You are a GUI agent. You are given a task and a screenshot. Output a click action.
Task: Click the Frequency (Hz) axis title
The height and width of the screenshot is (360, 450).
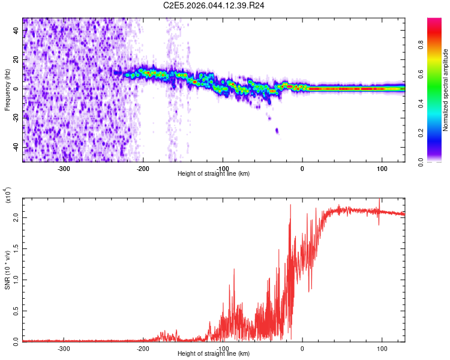click(7, 90)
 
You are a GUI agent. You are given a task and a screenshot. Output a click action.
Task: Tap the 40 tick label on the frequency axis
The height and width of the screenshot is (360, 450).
click(17, 31)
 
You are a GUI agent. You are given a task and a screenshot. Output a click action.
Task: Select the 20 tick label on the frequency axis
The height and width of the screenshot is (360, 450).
click(17, 60)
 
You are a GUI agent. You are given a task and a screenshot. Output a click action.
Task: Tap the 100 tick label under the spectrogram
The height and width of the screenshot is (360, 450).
click(382, 168)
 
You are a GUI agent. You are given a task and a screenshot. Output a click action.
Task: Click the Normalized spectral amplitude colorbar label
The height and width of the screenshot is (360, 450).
click(446, 90)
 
